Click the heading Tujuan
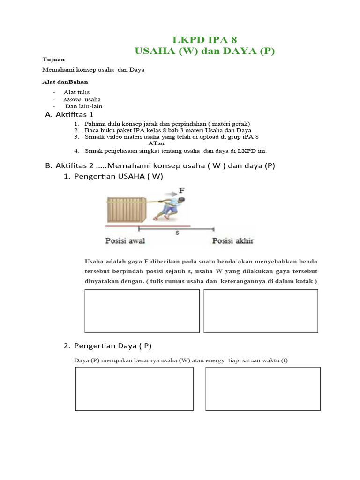pos(53,60)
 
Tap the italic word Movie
pos(72,99)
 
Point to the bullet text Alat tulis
pos(77,92)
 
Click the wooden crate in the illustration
pos(127,209)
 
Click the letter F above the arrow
pos(181,190)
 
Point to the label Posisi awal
pos(125,241)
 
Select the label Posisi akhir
pos(233,241)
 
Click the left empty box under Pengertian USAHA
pos(142,311)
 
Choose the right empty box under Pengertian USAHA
pos(261,311)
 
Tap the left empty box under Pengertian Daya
pos(134,389)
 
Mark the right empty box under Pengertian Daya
pos(263,389)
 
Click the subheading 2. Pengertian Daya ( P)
pos(108,346)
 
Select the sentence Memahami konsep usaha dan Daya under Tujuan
pos(94,70)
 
